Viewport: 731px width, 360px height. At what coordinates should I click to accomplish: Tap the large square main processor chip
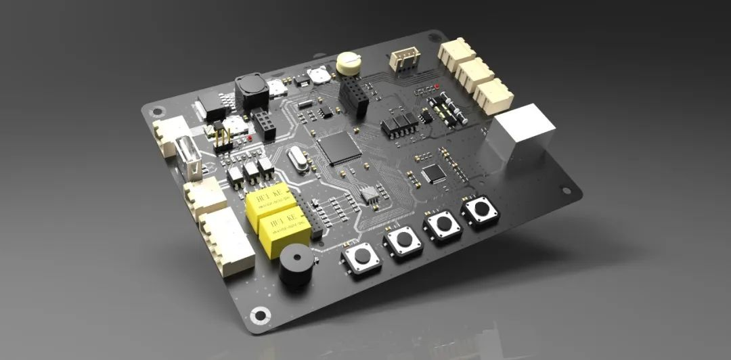click(x=339, y=148)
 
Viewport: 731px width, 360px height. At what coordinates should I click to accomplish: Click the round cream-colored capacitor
click(x=348, y=62)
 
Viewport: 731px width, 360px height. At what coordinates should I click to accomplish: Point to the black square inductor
click(x=250, y=91)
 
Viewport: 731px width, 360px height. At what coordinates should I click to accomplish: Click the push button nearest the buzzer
click(x=362, y=257)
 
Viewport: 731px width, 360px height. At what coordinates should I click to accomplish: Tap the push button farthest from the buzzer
click(x=481, y=210)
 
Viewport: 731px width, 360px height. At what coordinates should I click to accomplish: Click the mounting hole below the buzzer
click(x=259, y=315)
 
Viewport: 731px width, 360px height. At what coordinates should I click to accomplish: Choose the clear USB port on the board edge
click(x=189, y=158)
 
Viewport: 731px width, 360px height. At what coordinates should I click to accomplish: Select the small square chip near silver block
click(x=433, y=173)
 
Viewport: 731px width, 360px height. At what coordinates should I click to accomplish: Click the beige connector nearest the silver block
click(x=493, y=95)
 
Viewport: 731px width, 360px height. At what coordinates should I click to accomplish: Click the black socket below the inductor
click(x=263, y=124)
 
